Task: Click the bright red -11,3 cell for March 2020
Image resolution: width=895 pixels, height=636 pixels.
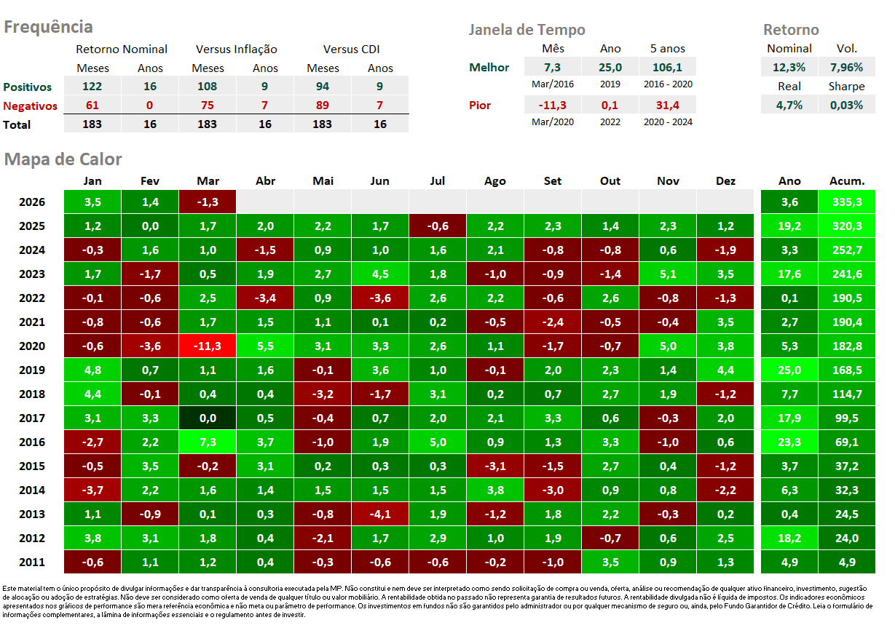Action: (208, 346)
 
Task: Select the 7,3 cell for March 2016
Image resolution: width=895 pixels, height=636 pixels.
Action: (208, 442)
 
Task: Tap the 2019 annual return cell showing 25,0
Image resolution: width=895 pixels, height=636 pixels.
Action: (789, 370)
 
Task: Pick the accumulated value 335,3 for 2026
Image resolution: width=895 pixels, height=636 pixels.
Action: (847, 202)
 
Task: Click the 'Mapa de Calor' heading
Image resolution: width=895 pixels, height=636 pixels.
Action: (63, 159)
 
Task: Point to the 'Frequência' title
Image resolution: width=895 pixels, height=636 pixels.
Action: (48, 27)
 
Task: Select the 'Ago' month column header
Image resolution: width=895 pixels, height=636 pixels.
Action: (495, 181)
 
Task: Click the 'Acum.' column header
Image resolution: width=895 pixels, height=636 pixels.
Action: (847, 181)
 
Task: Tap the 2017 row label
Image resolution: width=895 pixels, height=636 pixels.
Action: (32, 418)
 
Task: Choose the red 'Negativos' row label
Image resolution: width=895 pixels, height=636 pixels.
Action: (31, 106)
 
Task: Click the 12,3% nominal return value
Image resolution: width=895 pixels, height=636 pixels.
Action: (789, 67)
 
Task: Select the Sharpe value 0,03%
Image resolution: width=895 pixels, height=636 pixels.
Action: (847, 105)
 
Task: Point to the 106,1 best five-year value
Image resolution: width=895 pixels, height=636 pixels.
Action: (668, 67)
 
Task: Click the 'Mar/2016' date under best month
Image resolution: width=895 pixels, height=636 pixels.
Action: (553, 84)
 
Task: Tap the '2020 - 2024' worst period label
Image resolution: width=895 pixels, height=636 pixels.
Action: (668, 122)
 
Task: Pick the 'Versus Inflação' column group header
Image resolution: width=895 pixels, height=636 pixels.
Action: (237, 49)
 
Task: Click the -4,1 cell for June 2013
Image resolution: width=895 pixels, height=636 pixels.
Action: (380, 514)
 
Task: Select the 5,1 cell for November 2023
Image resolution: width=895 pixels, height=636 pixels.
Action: (668, 274)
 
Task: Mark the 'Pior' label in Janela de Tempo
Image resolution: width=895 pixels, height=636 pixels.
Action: (480, 106)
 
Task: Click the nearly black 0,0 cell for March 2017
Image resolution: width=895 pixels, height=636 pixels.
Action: (208, 418)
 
